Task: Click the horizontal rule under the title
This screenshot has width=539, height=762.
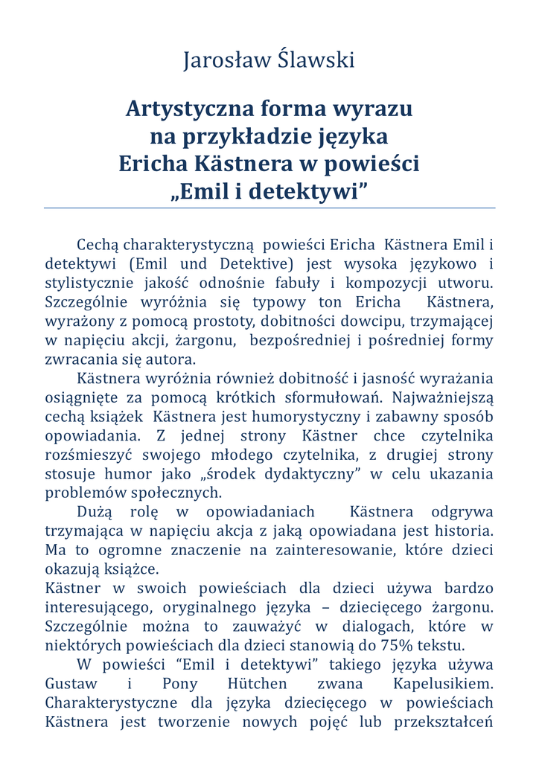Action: point(269,208)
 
